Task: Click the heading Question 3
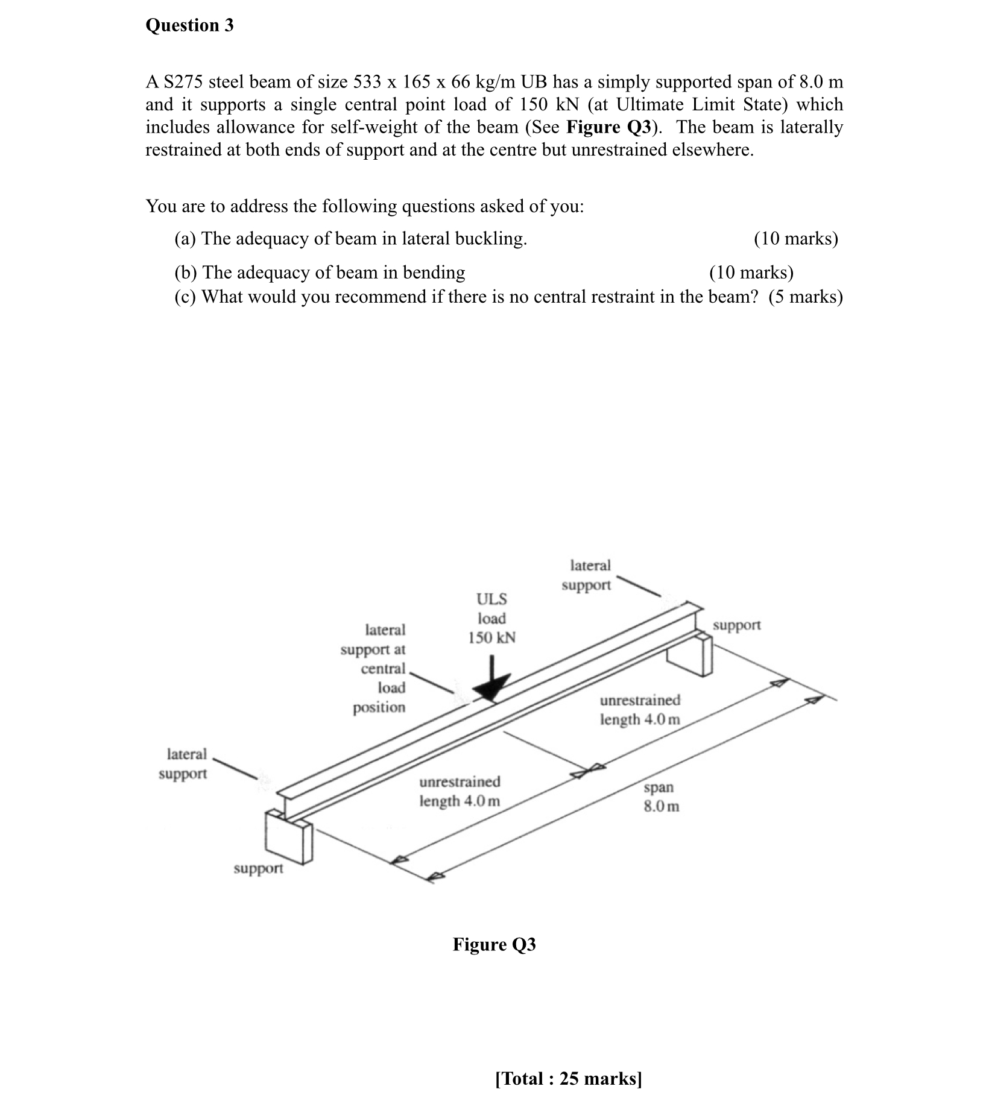pyautogui.click(x=189, y=25)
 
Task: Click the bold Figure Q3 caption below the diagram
pyautogui.click(x=494, y=944)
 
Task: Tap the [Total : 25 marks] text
pyautogui.click(x=568, y=1078)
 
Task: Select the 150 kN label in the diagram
pyautogui.click(x=492, y=638)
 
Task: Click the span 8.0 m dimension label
pyautogui.click(x=661, y=797)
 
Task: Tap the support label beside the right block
pyautogui.click(x=736, y=625)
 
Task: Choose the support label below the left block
pyautogui.click(x=258, y=868)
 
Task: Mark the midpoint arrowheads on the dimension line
pyautogui.click(x=587, y=771)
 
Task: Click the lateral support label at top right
pyautogui.click(x=587, y=575)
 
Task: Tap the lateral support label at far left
pyautogui.click(x=184, y=763)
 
